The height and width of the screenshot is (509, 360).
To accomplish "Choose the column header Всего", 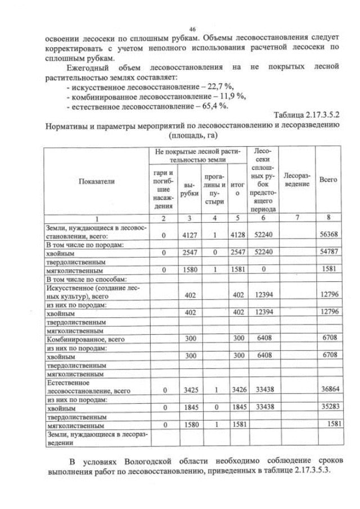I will coord(328,179).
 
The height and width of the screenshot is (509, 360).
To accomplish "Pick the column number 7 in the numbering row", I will coord(296,217).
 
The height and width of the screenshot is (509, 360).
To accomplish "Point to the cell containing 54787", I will coord(328,253).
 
